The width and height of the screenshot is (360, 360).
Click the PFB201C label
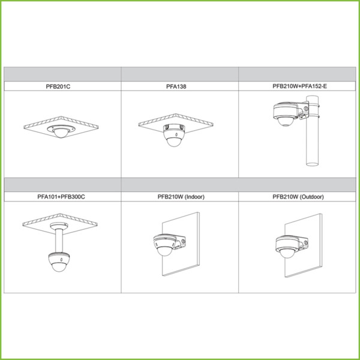coord(62,86)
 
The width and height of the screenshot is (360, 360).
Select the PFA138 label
coord(180,86)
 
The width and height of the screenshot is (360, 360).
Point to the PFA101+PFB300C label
coord(62,196)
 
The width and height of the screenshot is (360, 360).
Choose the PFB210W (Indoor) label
coord(180,196)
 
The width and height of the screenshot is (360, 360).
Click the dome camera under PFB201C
coord(62,133)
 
